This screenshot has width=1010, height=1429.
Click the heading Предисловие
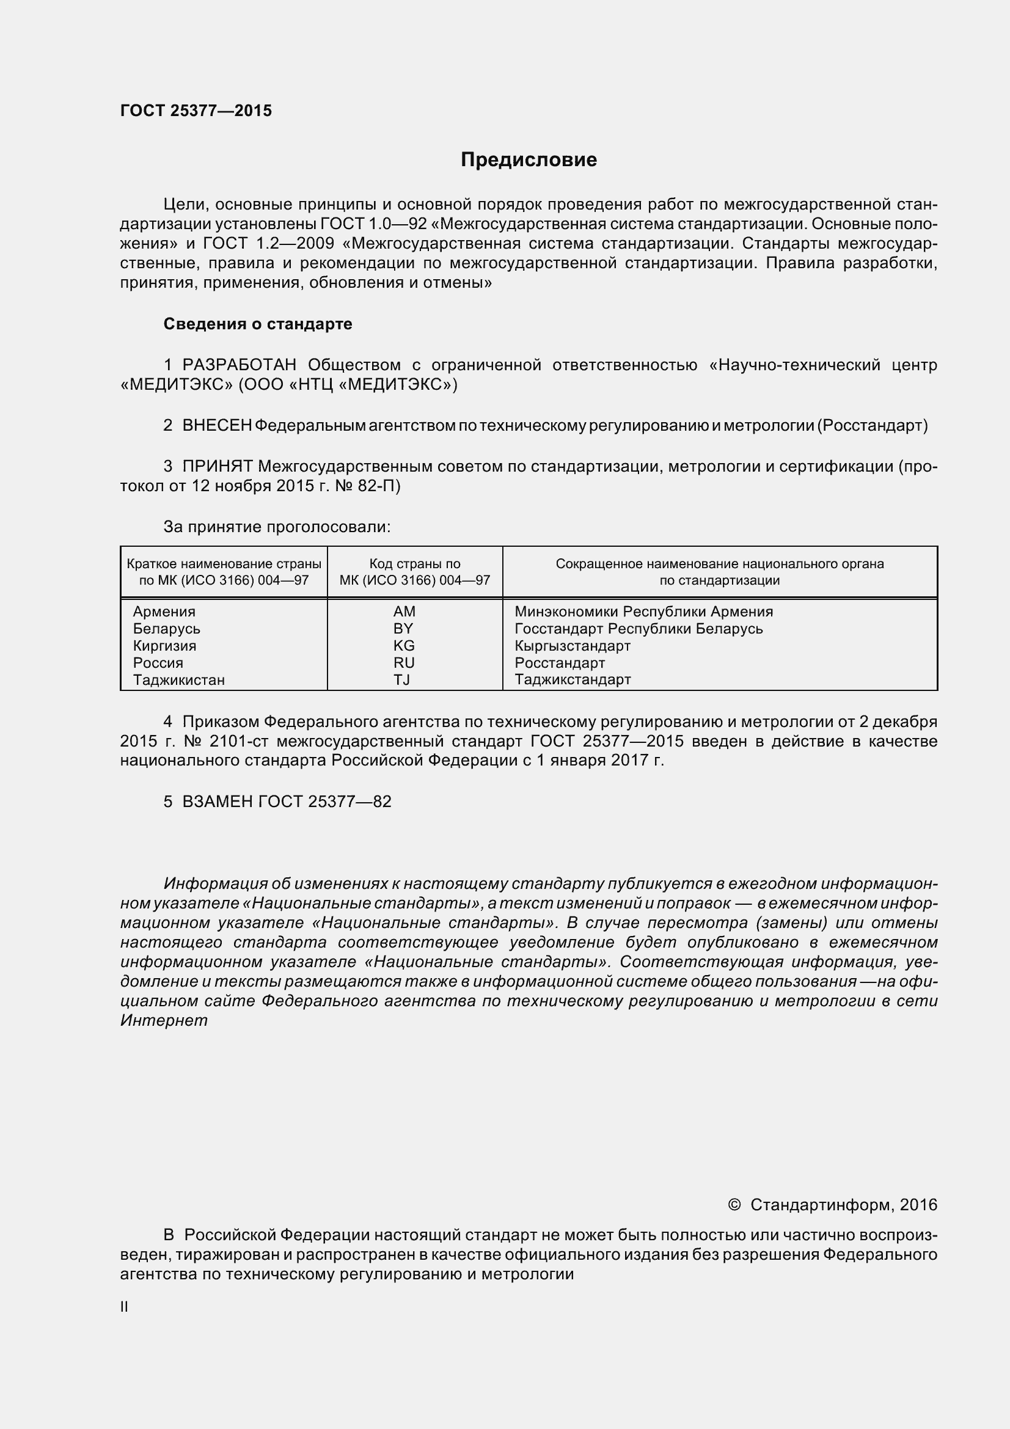pyautogui.click(x=529, y=160)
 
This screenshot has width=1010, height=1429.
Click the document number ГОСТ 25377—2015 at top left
pyautogui.click(x=196, y=111)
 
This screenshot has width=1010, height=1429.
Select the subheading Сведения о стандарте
pyautogui.click(x=258, y=324)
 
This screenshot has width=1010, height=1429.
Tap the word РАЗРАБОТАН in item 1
pyautogui.click(x=239, y=365)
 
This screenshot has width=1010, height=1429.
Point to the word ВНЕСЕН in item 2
pyautogui.click(x=217, y=426)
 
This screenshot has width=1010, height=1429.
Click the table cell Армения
pyautogui.click(x=164, y=612)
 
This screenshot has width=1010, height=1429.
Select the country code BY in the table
pyautogui.click(x=403, y=629)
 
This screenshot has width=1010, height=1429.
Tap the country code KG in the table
pyautogui.click(x=404, y=645)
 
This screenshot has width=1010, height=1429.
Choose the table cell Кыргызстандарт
pyautogui.click(x=573, y=645)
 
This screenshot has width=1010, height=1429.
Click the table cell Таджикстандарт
pyautogui.click(x=573, y=679)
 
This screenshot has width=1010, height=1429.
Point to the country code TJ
pyautogui.click(x=402, y=679)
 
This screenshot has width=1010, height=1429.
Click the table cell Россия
pyautogui.click(x=158, y=663)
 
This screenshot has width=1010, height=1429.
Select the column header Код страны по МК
pyautogui.click(x=414, y=572)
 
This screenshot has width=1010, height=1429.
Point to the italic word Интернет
pyautogui.click(x=164, y=1021)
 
